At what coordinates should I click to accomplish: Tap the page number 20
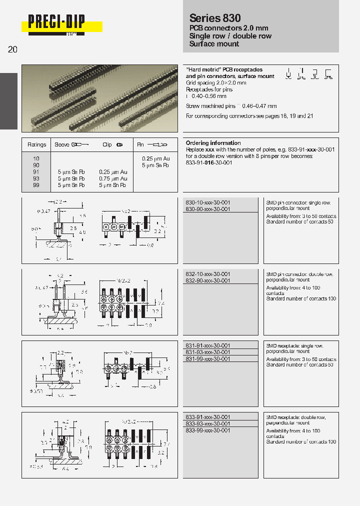(x=13, y=49)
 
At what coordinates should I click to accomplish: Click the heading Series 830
(x=214, y=18)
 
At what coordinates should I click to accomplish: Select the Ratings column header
(x=36, y=145)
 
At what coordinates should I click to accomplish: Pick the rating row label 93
(x=36, y=178)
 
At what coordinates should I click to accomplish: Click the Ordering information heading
(x=213, y=143)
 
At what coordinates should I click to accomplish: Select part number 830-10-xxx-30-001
(x=207, y=202)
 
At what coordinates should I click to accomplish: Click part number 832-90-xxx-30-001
(x=207, y=281)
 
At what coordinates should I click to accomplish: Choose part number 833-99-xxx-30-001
(x=207, y=430)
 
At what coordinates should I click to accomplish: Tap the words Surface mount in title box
(x=214, y=44)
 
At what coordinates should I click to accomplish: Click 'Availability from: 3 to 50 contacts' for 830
(x=301, y=216)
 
